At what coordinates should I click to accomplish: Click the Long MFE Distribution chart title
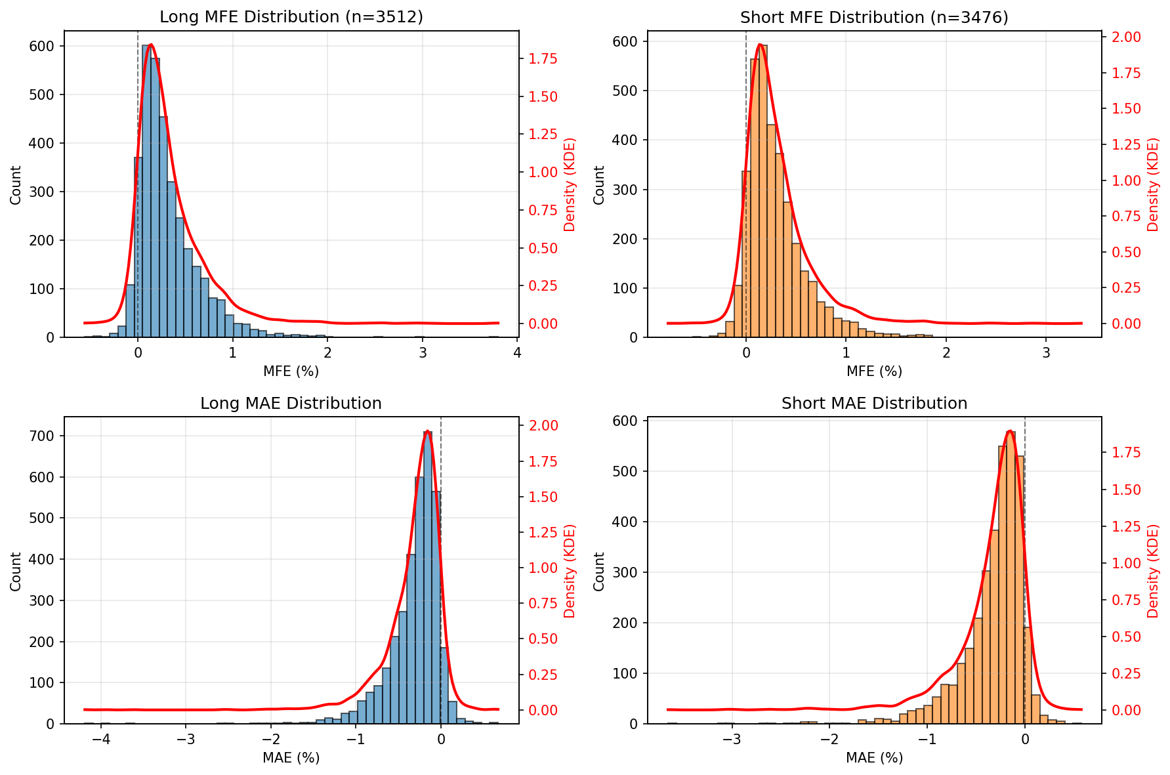click(x=291, y=17)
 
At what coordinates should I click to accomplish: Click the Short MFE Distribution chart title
click(x=874, y=18)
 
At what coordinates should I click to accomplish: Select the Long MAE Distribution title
click(x=291, y=404)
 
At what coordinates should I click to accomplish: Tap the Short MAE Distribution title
click(x=874, y=404)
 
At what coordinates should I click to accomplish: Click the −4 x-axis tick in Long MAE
click(x=100, y=740)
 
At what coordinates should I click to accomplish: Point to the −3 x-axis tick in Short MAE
click(x=732, y=740)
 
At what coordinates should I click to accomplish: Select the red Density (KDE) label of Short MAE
click(x=1153, y=571)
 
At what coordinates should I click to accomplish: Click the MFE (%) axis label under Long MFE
click(x=291, y=371)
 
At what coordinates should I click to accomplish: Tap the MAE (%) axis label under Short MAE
click(x=874, y=758)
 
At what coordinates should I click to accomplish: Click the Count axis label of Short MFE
click(x=598, y=184)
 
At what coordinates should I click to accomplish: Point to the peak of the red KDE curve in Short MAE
click(x=1010, y=432)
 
